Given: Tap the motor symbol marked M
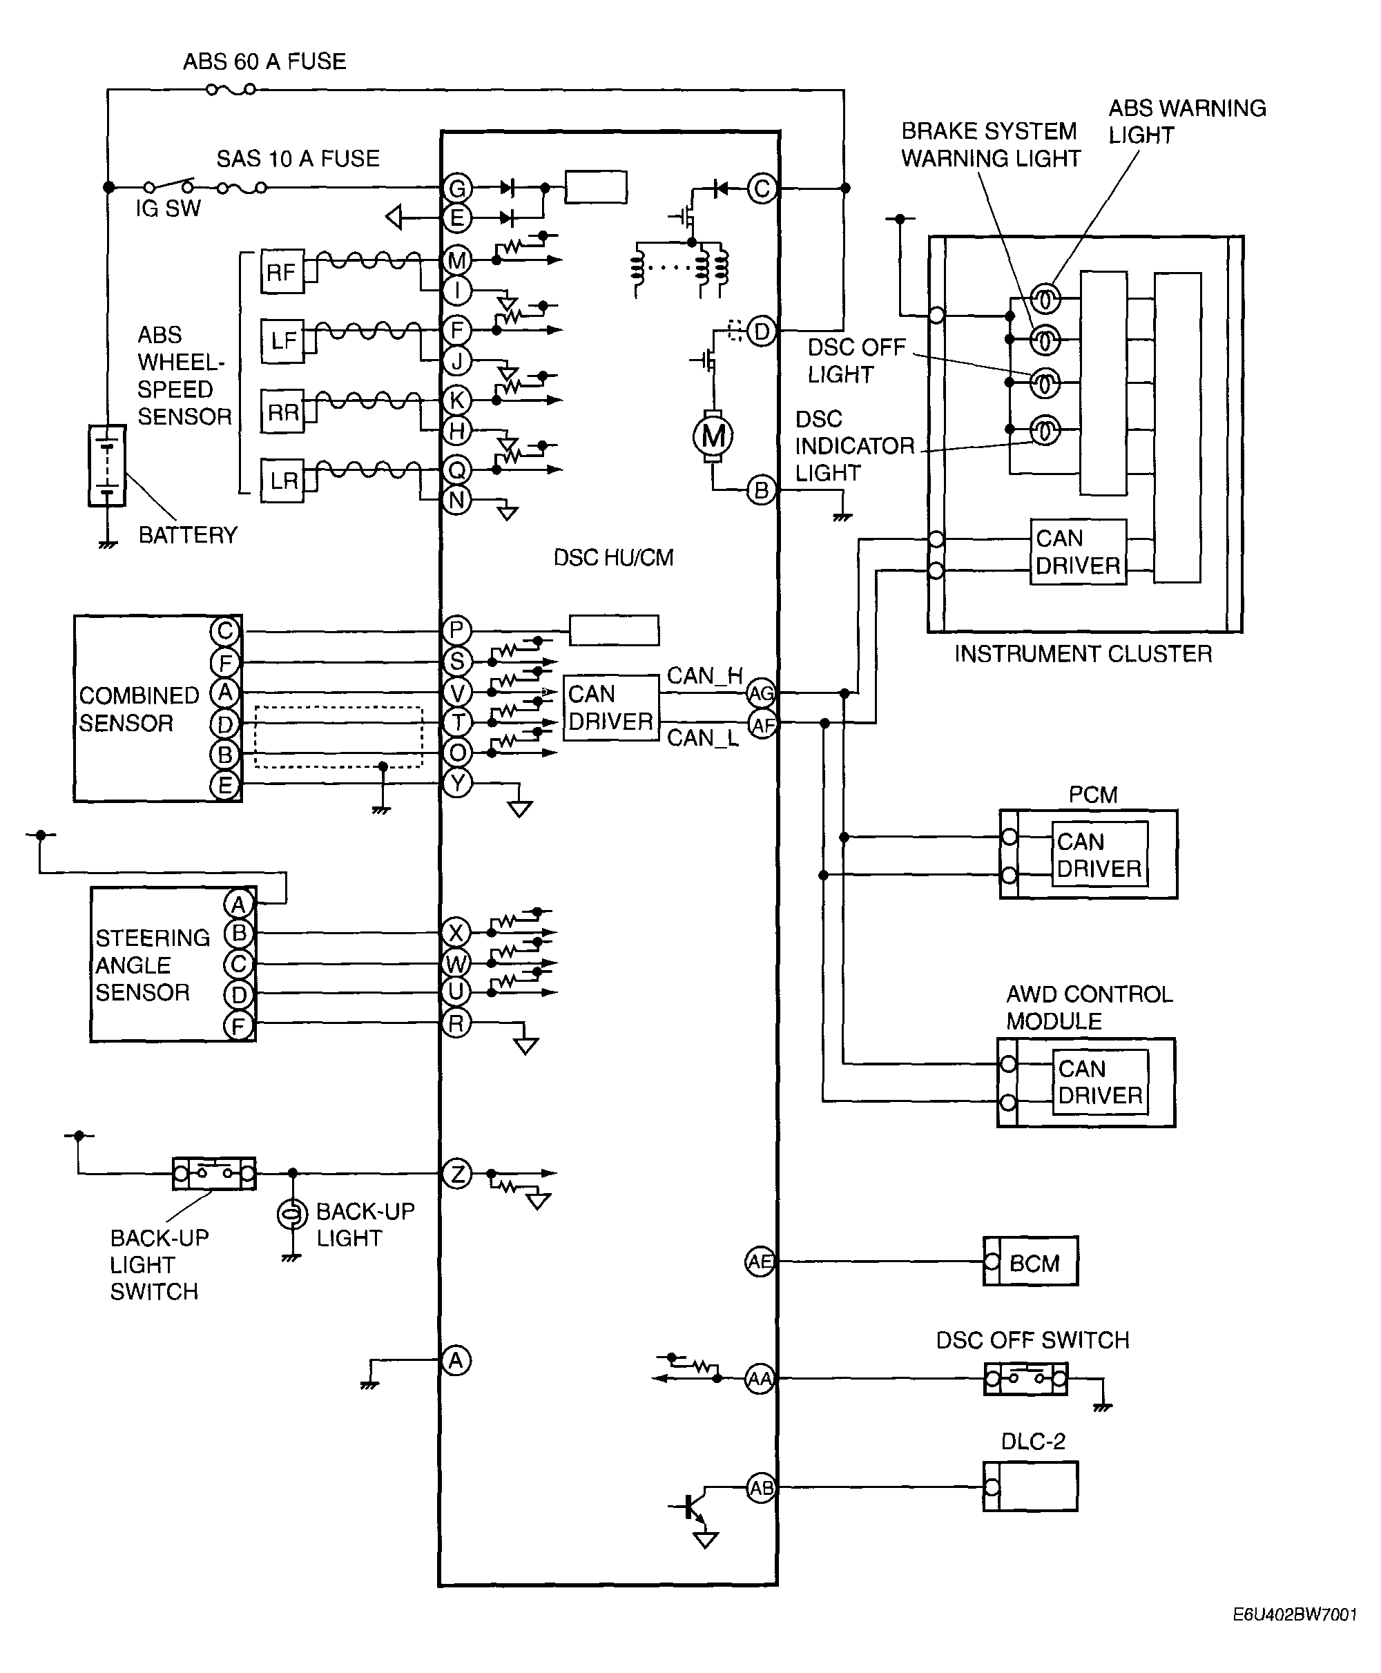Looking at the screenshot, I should pos(713,436).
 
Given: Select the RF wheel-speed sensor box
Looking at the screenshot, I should pos(282,272).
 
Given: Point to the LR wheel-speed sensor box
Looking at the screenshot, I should pos(283,481).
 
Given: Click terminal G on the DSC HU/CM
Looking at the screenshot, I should pos(456,188).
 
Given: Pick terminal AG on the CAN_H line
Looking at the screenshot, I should pos(760,694).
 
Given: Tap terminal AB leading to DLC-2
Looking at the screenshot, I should pos(760,1489).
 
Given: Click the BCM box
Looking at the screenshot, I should pos(1031,1261).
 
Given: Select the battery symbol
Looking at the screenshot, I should pos(106,466).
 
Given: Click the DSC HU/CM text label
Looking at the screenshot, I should pos(613,558).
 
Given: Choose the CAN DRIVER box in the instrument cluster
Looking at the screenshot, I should pos(1078,552).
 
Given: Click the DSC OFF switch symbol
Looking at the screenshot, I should pos(1025,1379).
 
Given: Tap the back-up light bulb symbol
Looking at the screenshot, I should pos(292,1214).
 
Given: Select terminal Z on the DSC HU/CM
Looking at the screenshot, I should pos(456,1173).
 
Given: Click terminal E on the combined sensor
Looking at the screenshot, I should pos(224,786).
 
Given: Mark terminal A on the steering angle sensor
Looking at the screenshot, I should pos(238,904).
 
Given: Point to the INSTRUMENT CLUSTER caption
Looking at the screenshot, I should pos(1083,654).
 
